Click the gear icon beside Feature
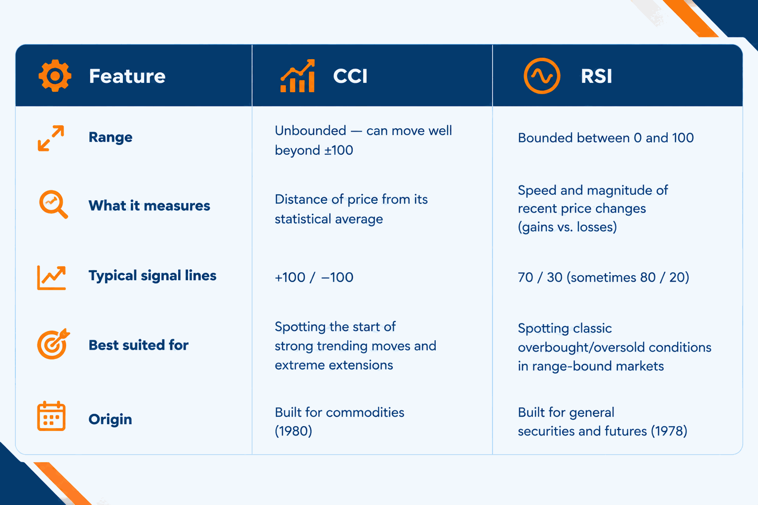[x=55, y=76]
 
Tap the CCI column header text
[x=350, y=76]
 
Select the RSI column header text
[x=596, y=76]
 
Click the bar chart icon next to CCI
[x=298, y=76]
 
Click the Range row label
[x=111, y=137]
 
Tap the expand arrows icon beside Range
[x=51, y=138]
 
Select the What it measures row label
[x=149, y=206]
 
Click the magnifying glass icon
[x=53, y=204]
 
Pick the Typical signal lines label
[x=152, y=276]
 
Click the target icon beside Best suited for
[x=53, y=344]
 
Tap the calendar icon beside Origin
[x=51, y=416]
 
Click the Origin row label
[x=111, y=419]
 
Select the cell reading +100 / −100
[x=314, y=277]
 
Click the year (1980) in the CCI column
[x=294, y=431]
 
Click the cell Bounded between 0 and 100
[x=606, y=138]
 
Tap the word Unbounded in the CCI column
[x=310, y=131]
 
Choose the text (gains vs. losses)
[x=568, y=227]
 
